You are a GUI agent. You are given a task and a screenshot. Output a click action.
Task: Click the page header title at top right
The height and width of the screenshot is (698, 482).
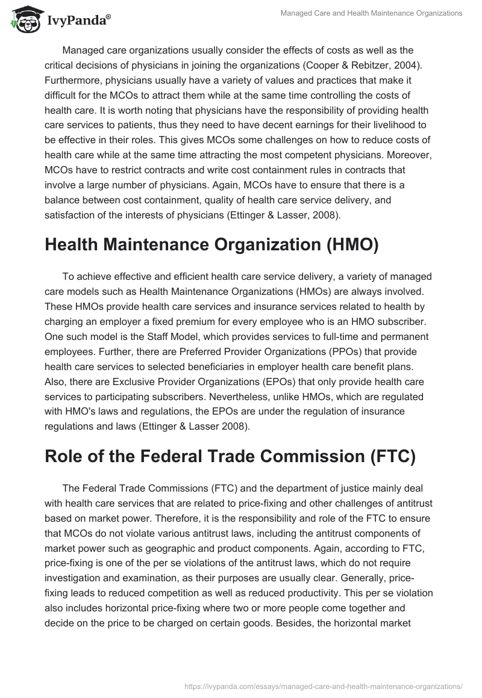(x=372, y=13)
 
